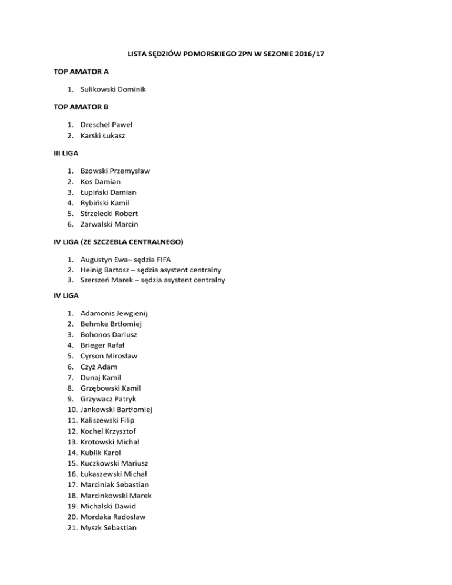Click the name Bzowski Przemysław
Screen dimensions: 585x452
(x=115, y=171)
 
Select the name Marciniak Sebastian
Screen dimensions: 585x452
(x=115, y=484)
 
